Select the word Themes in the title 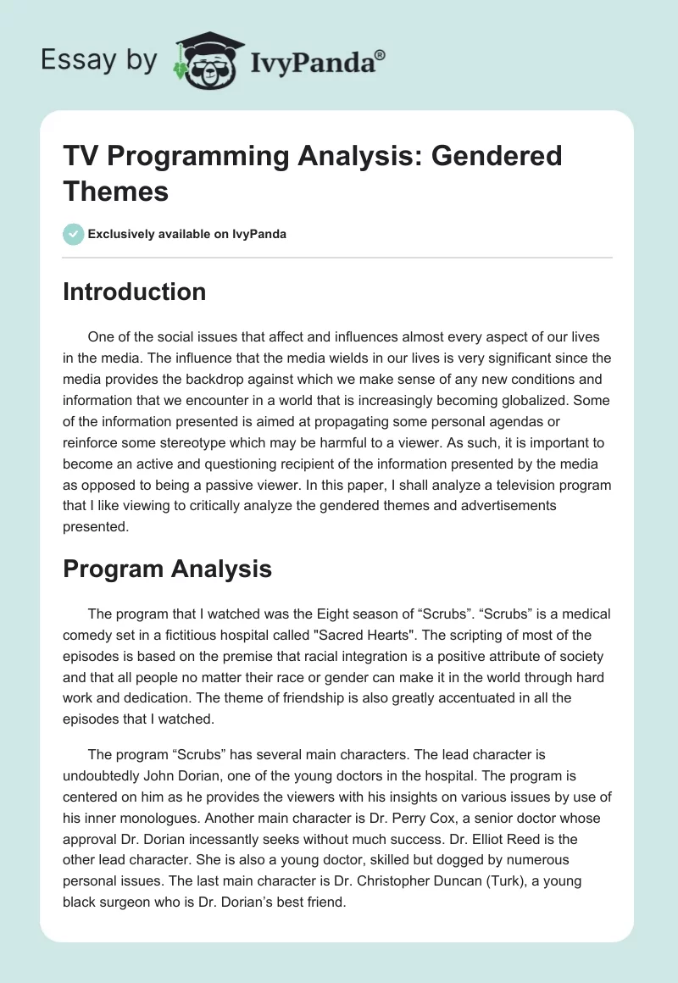115,191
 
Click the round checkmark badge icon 74,234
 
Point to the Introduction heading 134,292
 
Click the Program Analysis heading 167,569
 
